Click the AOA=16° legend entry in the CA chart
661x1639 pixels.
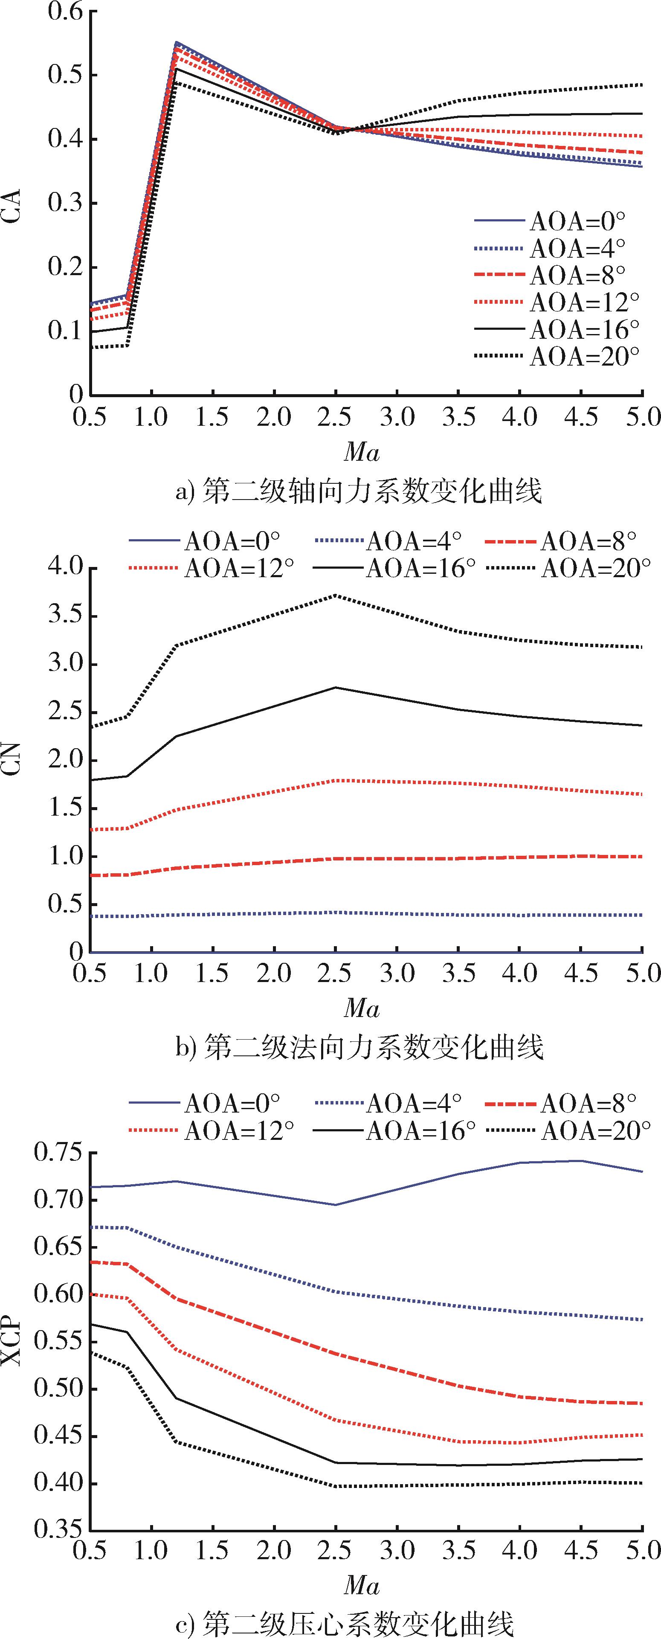point(557,329)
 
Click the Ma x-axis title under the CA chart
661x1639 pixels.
point(361,452)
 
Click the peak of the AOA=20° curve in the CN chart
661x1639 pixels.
point(335,596)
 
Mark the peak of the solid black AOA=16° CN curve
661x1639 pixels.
point(335,687)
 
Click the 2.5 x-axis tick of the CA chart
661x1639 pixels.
point(335,417)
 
